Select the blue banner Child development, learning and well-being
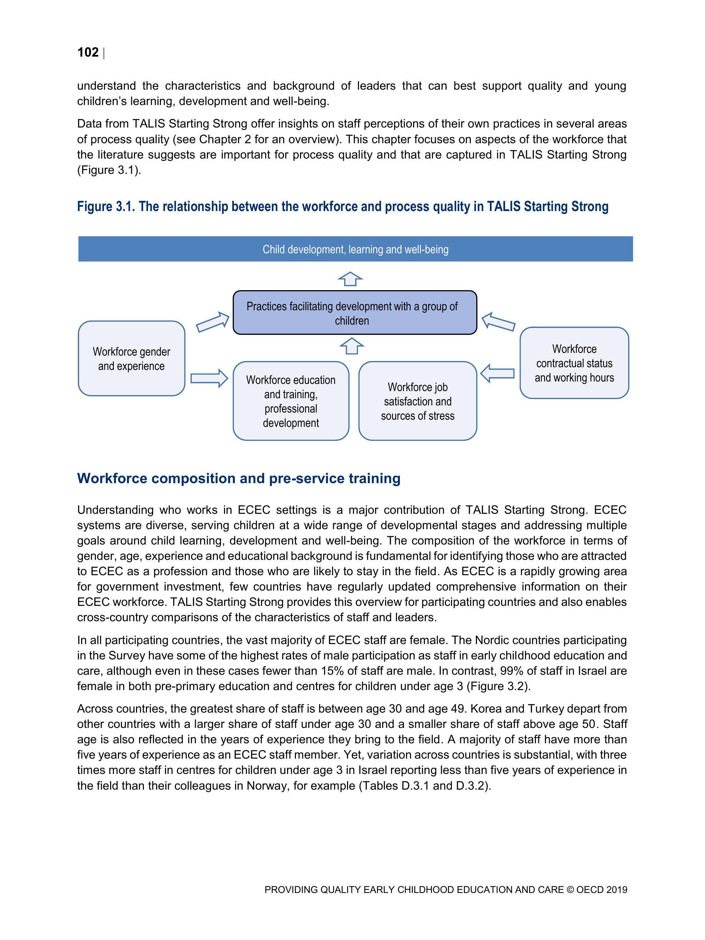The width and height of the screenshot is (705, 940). (x=355, y=249)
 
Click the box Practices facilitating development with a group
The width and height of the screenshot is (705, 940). (x=355, y=313)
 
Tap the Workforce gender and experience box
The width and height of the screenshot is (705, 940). (x=131, y=359)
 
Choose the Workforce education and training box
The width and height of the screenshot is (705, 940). (x=291, y=401)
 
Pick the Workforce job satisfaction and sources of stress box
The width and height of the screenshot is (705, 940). (x=417, y=401)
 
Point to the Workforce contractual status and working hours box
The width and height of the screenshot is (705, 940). (x=574, y=363)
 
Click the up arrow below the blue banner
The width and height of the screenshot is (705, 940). (x=350, y=279)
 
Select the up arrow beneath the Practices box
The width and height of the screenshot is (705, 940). (x=351, y=346)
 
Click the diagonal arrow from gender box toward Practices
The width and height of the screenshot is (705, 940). (x=212, y=322)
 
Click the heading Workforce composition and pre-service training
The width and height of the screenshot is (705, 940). (x=238, y=478)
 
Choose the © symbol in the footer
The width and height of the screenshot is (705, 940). (x=570, y=890)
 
